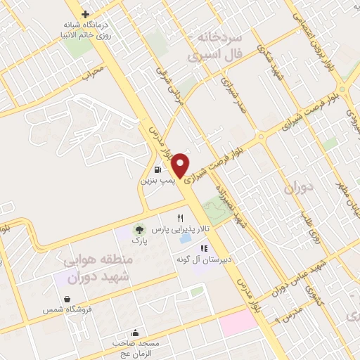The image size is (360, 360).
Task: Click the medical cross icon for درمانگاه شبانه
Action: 85,14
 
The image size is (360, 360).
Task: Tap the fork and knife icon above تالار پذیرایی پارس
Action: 181,218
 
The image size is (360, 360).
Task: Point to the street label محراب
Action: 92,72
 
